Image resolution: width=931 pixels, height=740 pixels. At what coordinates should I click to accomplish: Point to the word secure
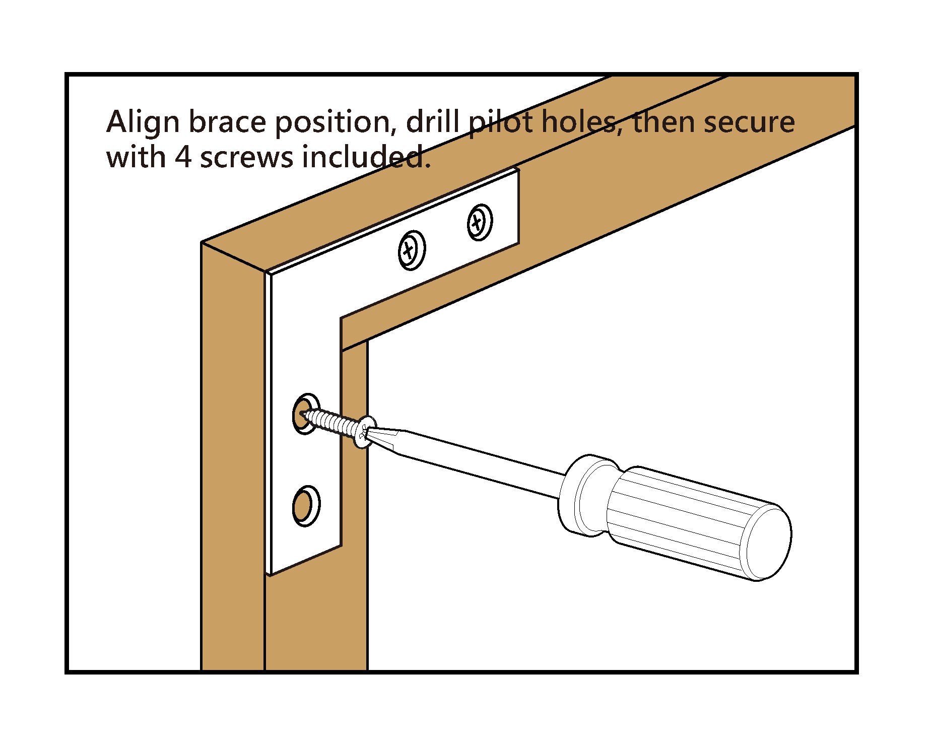tap(749, 122)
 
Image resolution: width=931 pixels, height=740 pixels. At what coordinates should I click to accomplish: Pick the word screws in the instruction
tap(247, 157)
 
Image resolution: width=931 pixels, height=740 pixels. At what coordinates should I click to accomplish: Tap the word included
tap(366, 157)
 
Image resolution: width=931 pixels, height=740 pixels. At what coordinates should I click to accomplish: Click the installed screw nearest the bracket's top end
tap(480, 222)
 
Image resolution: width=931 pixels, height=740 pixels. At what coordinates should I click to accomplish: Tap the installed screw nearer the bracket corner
tap(411, 250)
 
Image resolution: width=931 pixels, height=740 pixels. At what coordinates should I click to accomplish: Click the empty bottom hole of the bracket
tap(306, 505)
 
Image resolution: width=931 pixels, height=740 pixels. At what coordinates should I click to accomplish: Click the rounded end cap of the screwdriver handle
tap(768, 542)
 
